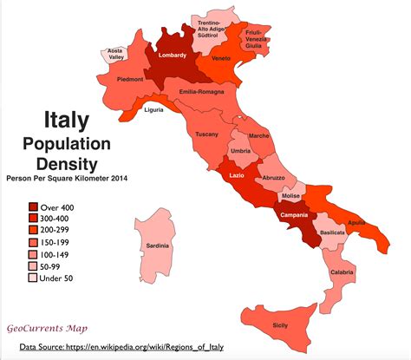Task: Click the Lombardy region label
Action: point(172,56)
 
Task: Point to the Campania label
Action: point(297,215)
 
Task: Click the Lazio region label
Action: point(238,176)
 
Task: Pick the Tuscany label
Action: point(206,134)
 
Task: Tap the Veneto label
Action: point(220,60)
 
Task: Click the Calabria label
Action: point(342,273)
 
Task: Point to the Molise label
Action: point(291,196)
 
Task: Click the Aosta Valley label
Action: point(115,53)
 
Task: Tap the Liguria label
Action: point(153,111)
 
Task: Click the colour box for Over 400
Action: point(33,207)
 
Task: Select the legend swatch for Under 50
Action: point(33,278)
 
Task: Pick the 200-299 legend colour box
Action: point(33,232)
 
